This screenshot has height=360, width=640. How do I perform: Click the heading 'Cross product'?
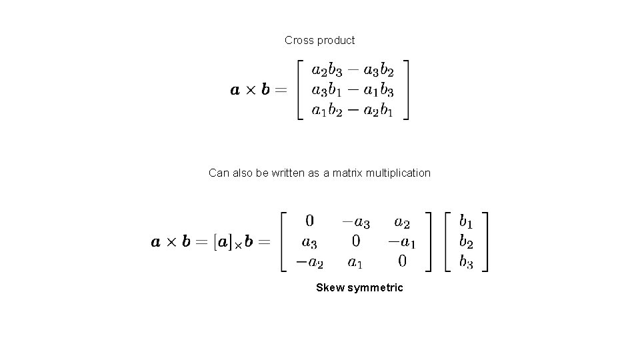319,40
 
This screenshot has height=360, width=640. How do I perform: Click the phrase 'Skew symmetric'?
359,288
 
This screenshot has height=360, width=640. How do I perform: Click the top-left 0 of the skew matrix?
310,221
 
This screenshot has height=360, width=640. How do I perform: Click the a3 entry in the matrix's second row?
310,241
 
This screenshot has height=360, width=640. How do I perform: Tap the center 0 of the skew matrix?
356,241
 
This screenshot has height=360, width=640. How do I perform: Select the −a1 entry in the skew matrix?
401,241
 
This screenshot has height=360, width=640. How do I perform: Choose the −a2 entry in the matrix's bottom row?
309,261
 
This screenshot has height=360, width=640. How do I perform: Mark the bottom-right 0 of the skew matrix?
402,261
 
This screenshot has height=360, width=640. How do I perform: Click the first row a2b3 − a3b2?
353,71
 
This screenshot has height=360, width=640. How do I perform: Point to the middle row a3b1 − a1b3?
353,90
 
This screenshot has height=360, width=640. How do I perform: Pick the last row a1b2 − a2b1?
353,110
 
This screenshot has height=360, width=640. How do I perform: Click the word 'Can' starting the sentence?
219,173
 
